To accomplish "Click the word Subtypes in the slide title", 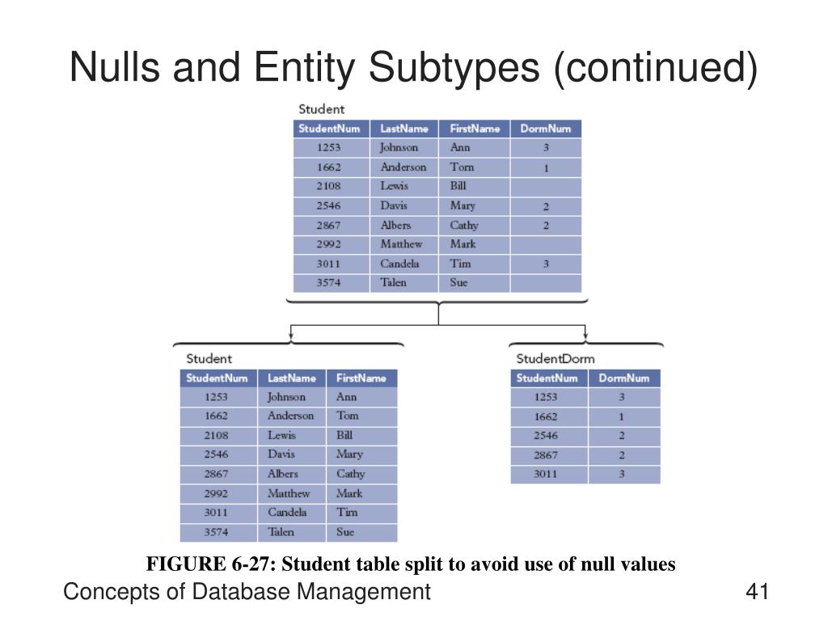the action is pyautogui.click(x=455, y=68).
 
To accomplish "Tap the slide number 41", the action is pyautogui.click(x=756, y=592).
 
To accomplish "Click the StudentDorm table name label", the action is pyautogui.click(x=555, y=358).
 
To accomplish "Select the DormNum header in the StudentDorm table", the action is pyautogui.click(x=623, y=378).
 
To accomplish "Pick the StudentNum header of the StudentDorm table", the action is pyautogui.click(x=547, y=378).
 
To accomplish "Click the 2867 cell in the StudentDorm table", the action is pyautogui.click(x=546, y=455).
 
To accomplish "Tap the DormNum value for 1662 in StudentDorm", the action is pyautogui.click(x=622, y=417).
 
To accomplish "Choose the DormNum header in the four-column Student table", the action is pyautogui.click(x=545, y=129).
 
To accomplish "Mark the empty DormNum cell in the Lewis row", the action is pyautogui.click(x=545, y=186).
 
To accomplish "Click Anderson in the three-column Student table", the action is pyautogui.click(x=290, y=416).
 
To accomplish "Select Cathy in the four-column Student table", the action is pyautogui.click(x=464, y=225).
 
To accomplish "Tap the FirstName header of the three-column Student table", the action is pyautogui.click(x=361, y=378).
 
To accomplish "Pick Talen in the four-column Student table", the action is pyautogui.click(x=393, y=283).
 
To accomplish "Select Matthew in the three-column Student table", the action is pyautogui.click(x=289, y=493).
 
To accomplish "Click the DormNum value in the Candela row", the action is pyautogui.click(x=545, y=264).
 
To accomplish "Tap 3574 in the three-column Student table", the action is pyautogui.click(x=216, y=532).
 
